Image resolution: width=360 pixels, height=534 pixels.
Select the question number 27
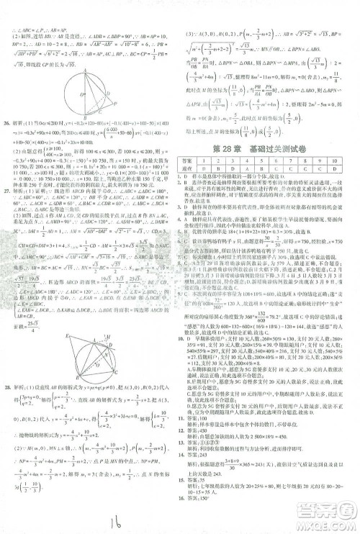coord(8,195)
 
